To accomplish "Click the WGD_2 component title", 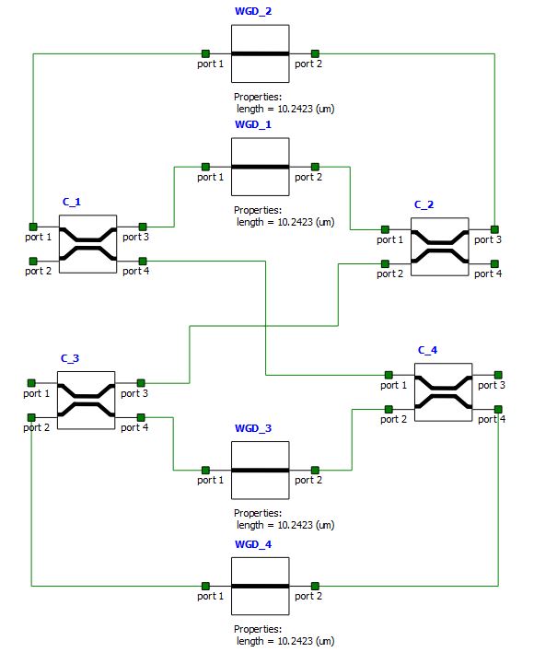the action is click(253, 11).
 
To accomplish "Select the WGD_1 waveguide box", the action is click(261, 167).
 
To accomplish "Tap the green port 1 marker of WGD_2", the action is click(205, 53).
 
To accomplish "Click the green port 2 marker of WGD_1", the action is click(315, 167).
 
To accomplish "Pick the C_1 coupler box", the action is click(87, 244).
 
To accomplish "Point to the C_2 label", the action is click(424, 204).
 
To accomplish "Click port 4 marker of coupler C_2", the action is click(494, 263).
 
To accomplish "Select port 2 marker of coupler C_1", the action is click(33, 262).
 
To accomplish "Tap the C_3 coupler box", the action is click(86, 400).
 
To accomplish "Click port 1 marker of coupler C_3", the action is click(31, 383).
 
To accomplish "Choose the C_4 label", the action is click(427, 350).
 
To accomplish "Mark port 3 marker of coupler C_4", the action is click(498, 375).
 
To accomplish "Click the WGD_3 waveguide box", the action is click(261, 471).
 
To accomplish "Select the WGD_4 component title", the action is click(253, 544).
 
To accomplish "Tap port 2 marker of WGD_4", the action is click(315, 586).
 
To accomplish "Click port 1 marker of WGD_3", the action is click(205, 471).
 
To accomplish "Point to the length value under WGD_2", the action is click(285, 109).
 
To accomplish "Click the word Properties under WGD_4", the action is click(258, 629).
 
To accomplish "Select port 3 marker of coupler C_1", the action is click(143, 227).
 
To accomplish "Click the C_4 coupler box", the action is click(444, 392).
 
